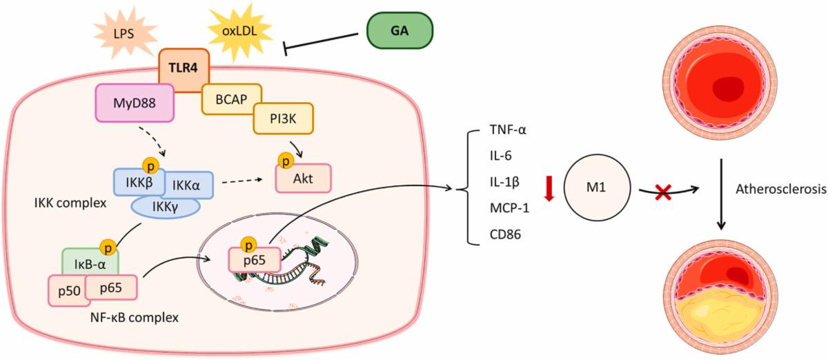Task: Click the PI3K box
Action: point(283,119)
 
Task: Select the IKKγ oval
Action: point(164,206)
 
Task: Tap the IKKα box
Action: point(188,183)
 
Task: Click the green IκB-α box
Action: point(90,263)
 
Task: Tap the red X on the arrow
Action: point(665,193)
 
